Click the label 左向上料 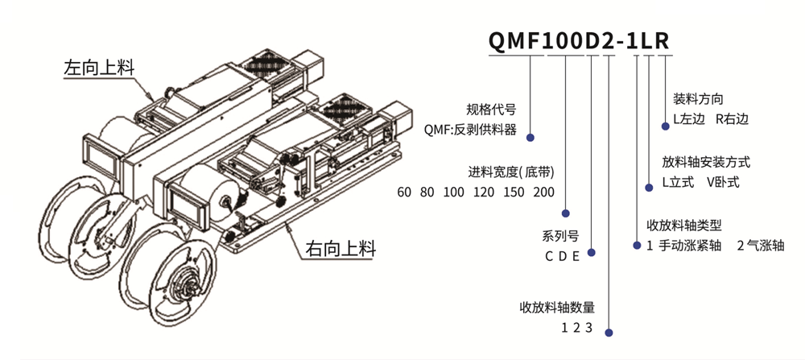tap(97, 68)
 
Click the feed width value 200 tap(544, 192)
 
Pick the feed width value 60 tap(405, 192)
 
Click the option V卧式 tap(722, 182)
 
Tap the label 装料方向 tap(698, 100)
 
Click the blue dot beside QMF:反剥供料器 tap(531, 138)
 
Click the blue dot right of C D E tap(591, 253)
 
